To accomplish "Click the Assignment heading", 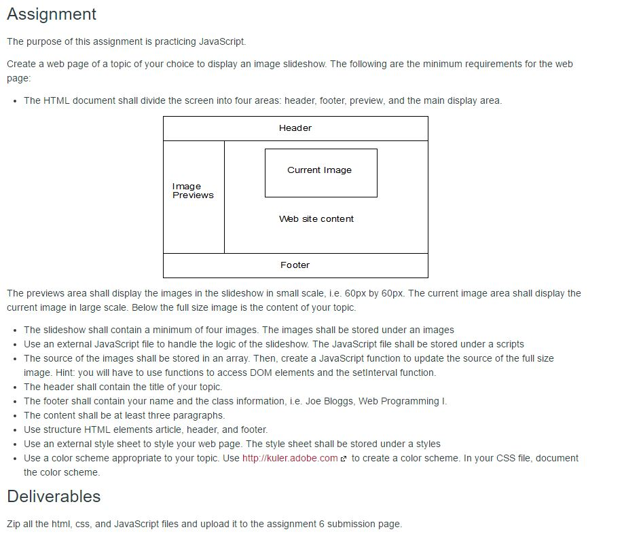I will click(52, 14).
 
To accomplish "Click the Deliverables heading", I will click(54, 497).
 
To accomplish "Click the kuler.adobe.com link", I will click(290, 458).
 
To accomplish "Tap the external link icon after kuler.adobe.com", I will click(344, 459).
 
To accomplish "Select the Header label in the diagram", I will click(295, 128).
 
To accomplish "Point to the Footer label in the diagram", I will click(295, 265).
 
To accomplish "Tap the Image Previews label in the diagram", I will click(192, 191).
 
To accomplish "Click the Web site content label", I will click(316, 219).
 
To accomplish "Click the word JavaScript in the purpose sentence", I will click(221, 41).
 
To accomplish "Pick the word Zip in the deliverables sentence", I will click(14, 524).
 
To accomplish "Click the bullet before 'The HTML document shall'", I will click(14, 101).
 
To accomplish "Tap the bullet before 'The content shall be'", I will click(14, 416).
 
